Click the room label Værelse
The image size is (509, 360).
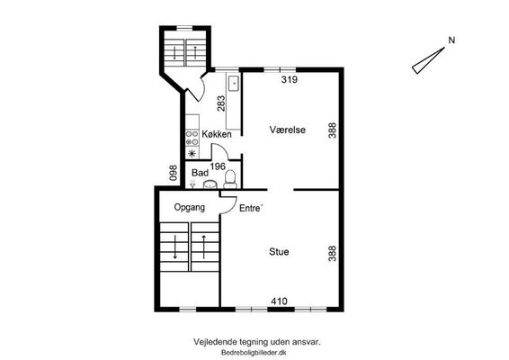[287, 130]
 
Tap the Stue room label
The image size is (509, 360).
[279, 252]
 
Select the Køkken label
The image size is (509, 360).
[217, 134]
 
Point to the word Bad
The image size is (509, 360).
[200, 173]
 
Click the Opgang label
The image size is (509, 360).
[190, 207]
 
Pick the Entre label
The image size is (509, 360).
[250, 208]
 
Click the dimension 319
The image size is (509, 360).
[290, 79]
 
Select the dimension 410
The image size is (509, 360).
[279, 301]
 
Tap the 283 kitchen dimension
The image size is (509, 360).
[221, 103]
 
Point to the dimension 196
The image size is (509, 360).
[218, 166]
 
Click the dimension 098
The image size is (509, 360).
[174, 173]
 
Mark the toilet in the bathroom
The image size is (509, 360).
[230, 179]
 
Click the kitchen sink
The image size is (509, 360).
[234, 83]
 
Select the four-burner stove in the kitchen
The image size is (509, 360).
[192, 138]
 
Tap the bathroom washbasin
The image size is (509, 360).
[210, 184]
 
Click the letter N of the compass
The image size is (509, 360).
[451, 40]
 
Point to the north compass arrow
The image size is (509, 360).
[428, 60]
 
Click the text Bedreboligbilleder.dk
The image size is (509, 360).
[254, 353]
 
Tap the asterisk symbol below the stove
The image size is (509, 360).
[192, 153]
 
